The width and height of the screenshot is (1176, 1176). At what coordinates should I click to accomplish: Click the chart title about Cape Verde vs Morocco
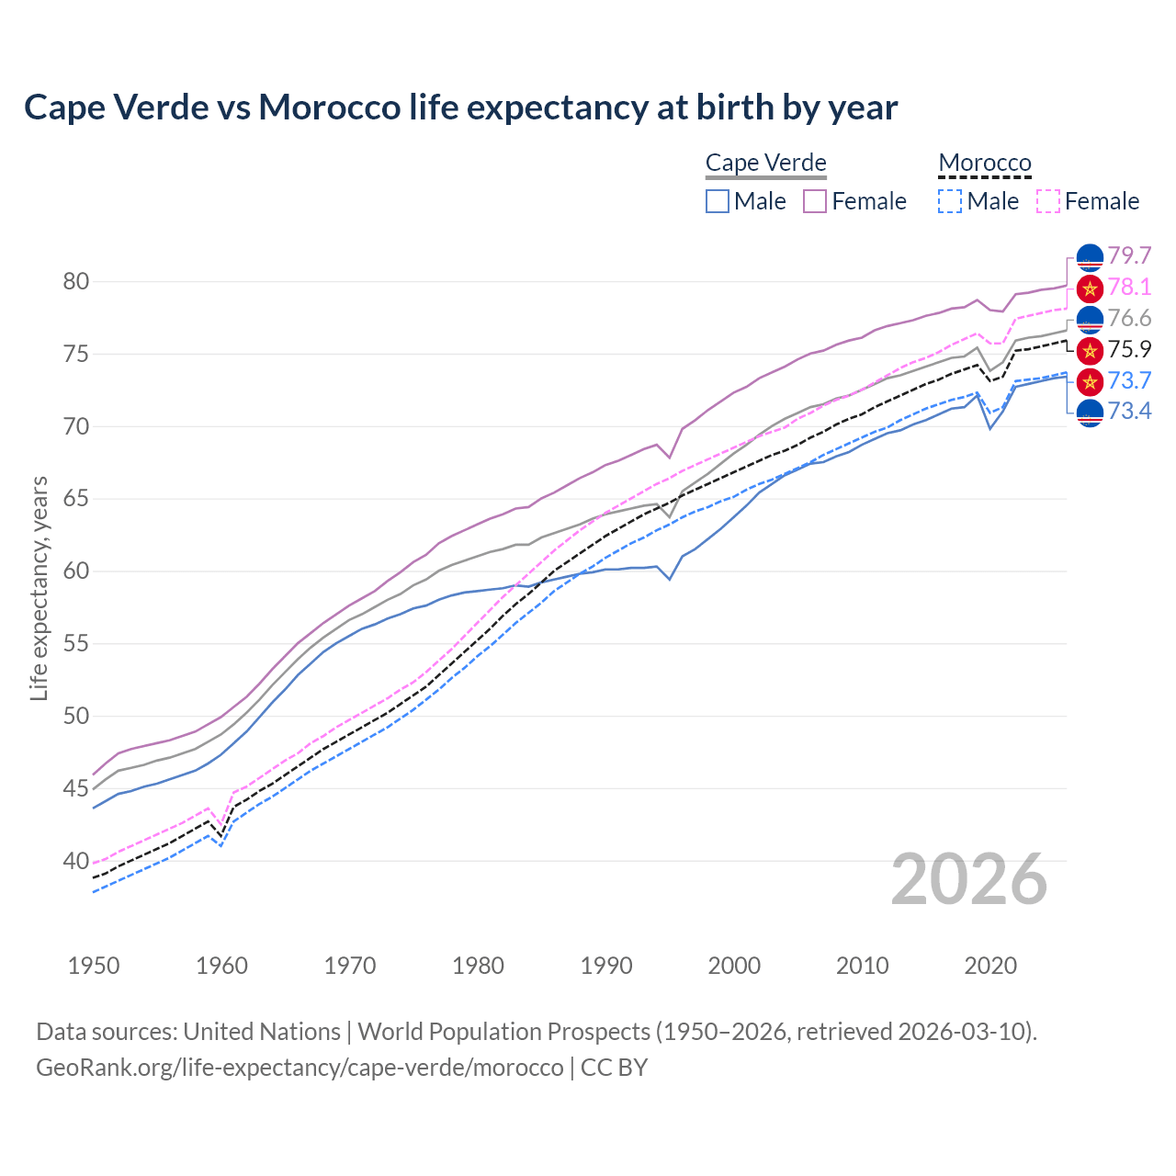coord(460,107)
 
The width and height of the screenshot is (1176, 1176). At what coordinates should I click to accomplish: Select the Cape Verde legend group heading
coord(765,163)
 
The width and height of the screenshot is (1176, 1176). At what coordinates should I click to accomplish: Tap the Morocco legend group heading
coord(984,163)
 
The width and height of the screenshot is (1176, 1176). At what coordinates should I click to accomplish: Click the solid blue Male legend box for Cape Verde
coord(718,201)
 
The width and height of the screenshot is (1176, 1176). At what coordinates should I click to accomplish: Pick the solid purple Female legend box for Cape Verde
coord(815,201)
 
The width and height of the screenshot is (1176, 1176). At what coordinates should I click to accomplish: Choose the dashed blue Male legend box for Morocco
coord(950,201)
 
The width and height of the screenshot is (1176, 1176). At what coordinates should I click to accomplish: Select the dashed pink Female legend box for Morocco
coord(1048,201)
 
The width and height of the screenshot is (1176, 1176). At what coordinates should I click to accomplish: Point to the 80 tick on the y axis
coord(76,282)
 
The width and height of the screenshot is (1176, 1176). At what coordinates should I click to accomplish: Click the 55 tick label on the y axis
coord(76,644)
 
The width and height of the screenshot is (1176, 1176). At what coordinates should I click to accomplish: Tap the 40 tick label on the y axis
coord(76,862)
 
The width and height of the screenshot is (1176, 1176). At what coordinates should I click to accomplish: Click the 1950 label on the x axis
coord(94,966)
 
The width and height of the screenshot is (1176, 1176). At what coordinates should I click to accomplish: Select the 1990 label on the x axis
coord(606,966)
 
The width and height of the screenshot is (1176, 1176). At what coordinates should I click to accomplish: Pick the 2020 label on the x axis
coord(990,966)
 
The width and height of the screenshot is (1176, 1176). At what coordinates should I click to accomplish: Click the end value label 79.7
coord(1129,255)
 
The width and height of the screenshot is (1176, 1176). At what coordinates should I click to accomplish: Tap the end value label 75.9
coord(1129,349)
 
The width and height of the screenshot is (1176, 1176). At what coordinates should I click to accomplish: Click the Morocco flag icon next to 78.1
coord(1090,288)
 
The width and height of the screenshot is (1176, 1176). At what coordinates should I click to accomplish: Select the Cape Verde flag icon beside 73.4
coord(1090,413)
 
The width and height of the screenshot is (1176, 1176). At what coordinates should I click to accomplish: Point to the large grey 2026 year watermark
coord(968,880)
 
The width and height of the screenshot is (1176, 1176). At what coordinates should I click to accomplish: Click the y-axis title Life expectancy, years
coord(39,588)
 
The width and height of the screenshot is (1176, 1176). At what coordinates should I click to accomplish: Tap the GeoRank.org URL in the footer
coord(300,1068)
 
